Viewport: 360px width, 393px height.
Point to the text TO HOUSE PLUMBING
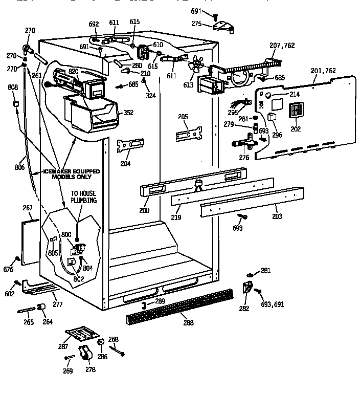83,198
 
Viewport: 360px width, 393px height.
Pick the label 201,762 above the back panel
323,71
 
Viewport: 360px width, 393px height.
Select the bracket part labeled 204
130,145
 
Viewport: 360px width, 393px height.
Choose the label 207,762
282,46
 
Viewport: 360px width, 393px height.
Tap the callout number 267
28,208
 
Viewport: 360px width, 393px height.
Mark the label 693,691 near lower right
273,304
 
